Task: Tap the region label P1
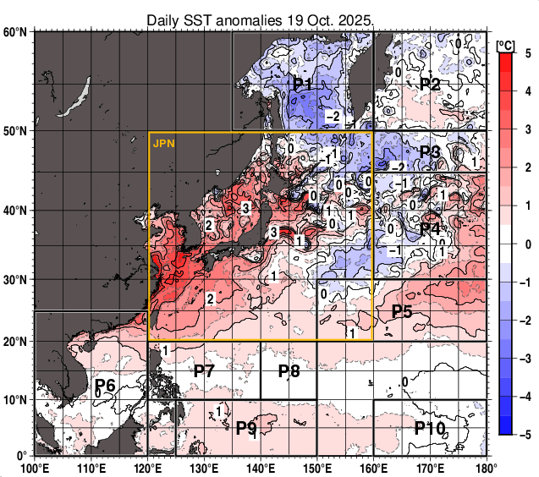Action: click(303, 85)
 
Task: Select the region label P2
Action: click(430, 85)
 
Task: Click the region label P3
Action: click(430, 153)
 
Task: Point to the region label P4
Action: click(430, 229)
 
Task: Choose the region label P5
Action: click(402, 311)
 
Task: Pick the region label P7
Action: click(204, 370)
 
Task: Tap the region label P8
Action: click(289, 370)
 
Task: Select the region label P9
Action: click(246, 428)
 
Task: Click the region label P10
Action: click(430, 428)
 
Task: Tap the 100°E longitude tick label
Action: click(34, 468)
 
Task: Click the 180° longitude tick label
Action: click(486, 468)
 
